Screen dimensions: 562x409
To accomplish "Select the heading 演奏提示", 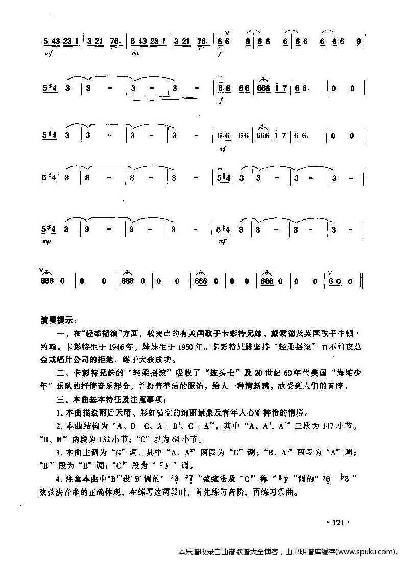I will pyautogui.click(x=58, y=321).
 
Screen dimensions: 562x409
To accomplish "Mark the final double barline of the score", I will pyautogui.click(x=362, y=281).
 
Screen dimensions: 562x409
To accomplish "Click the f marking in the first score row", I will pyautogui.click(x=220, y=53).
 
